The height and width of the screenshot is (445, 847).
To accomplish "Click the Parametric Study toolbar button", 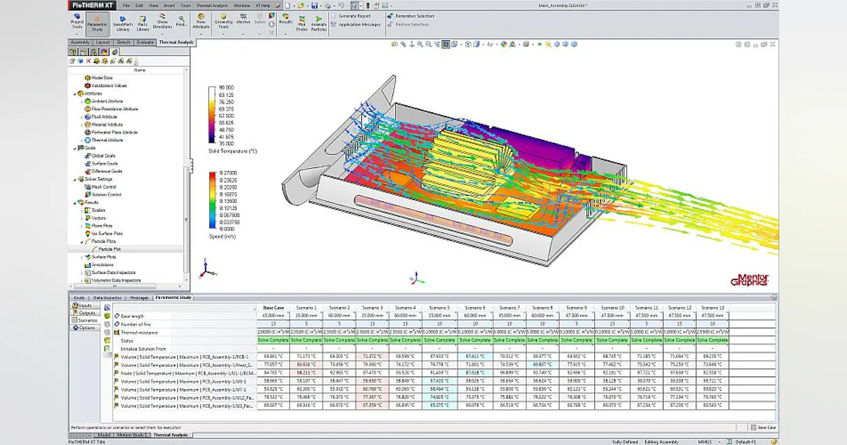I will tap(97, 23).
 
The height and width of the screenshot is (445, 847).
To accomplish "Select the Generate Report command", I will tap(354, 16).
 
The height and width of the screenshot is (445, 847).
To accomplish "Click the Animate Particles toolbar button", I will tap(319, 23).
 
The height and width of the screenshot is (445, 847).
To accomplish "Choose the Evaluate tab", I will tap(145, 42).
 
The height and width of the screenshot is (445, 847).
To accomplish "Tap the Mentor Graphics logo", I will tap(752, 280).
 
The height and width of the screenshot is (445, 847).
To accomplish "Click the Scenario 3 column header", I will tap(372, 308).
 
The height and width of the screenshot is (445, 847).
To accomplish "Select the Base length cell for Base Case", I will tap(273, 316).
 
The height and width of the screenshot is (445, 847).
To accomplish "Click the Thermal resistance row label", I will tap(138, 332).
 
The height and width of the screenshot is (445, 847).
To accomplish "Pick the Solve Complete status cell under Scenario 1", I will tap(306, 340).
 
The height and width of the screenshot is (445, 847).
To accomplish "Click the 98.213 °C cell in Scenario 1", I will tap(306, 372).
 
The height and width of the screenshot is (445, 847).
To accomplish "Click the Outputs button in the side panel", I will tap(87, 312).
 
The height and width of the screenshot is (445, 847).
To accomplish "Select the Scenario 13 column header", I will tap(711, 308).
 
